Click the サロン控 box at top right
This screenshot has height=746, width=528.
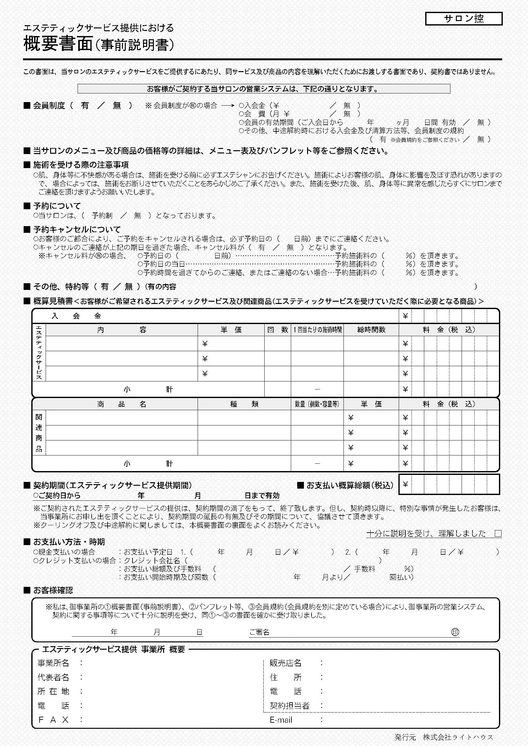click(464, 18)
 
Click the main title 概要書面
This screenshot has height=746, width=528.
click(58, 44)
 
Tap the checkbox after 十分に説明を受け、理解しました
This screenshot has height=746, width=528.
click(498, 533)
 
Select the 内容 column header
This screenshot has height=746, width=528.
click(122, 330)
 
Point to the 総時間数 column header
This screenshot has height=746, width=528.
click(371, 330)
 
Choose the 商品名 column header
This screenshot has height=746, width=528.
click(122, 404)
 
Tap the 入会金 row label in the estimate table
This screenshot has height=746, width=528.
click(76, 316)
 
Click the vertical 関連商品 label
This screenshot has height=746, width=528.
click(39, 432)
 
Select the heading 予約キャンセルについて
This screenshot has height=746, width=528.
click(77, 229)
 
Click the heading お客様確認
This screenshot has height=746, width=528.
click(53, 590)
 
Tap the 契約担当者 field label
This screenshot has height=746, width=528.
click(289, 705)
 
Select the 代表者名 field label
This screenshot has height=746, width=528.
click(53, 677)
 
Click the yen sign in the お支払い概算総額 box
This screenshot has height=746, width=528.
click(405, 484)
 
